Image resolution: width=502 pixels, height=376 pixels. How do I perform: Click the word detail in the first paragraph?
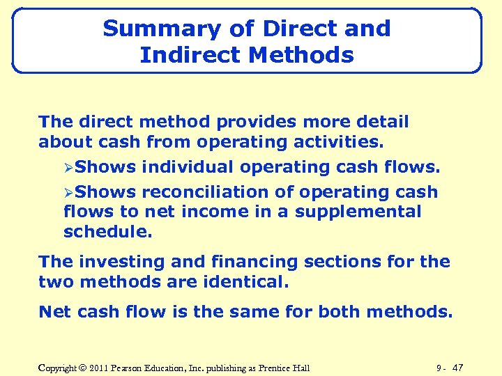coord(381,122)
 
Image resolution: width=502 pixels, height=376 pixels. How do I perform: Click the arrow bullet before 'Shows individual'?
coord(68,168)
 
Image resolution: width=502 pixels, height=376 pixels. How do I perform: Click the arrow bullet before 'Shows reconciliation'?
coord(68,192)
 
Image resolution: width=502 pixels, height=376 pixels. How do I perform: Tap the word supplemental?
coord(358,212)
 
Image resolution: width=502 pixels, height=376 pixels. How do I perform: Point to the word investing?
coord(109,262)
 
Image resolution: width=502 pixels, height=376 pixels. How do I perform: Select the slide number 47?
coord(458,367)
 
